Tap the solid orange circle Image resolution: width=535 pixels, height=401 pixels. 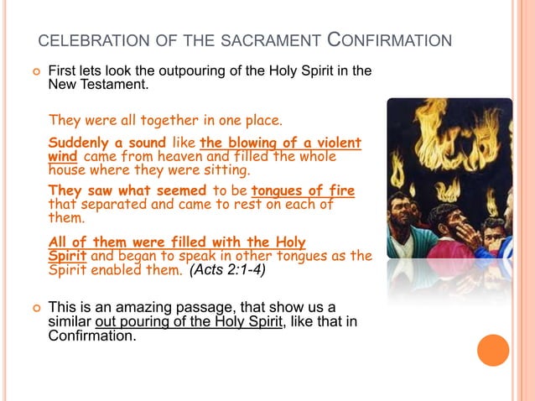pyautogui.click(x=493, y=351)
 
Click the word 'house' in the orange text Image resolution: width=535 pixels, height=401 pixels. pyautogui.click(x=65, y=169)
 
